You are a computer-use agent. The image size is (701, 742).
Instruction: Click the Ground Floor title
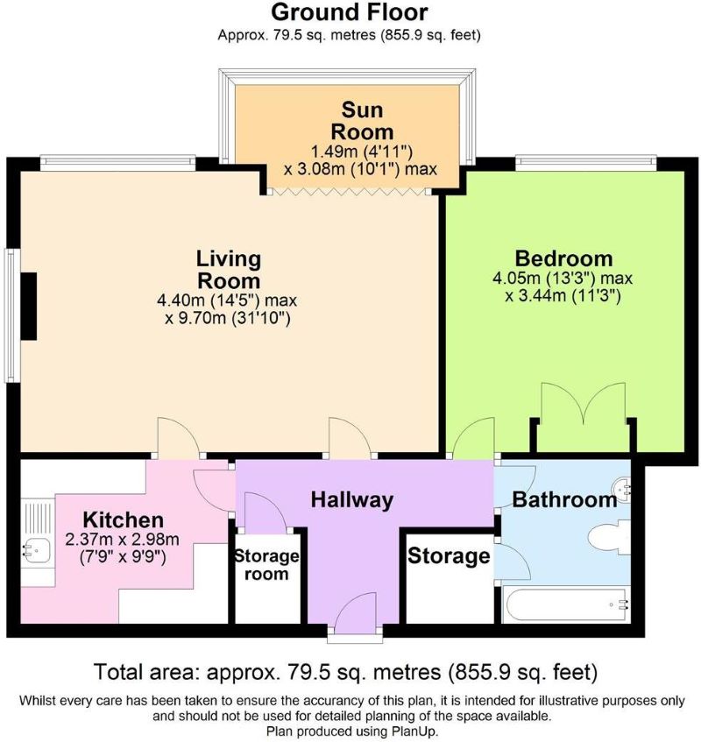350,12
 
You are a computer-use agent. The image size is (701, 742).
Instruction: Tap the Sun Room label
362,121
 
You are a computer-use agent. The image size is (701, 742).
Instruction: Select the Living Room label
229,270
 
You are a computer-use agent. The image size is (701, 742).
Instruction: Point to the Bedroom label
563,258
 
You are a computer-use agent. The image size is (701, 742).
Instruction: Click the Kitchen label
123,519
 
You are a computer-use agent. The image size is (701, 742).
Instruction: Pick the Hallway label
352,499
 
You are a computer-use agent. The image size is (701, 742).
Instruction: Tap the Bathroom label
564,499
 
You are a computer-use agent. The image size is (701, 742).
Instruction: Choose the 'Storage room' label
267,564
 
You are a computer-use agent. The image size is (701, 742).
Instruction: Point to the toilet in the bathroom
610,537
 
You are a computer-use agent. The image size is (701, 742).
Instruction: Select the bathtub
566,605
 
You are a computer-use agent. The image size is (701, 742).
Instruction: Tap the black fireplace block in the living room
28,306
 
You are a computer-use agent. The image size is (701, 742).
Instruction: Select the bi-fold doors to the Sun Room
349,192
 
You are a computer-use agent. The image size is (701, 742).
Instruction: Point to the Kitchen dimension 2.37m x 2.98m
122,540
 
